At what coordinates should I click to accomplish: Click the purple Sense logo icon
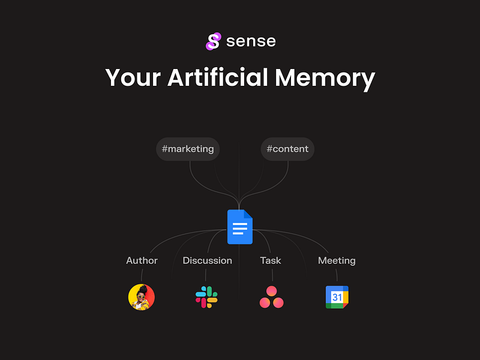[x=214, y=41]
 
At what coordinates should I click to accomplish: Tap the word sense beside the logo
[x=251, y=41]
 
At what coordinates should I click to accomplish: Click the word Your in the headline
[x=133, y=78]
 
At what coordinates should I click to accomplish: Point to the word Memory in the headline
[x=325, y=79]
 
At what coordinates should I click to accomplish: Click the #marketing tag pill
[x=188, y=149]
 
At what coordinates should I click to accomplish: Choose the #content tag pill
[x=287, y=149]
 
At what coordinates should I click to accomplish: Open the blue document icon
[x=240, y=227]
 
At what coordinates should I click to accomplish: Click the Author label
[x=142, y=260]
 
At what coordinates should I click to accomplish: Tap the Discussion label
[x=207, y=260]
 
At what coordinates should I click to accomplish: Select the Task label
[x=271, y=260]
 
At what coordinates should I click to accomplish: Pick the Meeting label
[x=337, y=261]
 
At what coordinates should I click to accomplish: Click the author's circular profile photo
[x=142, y=297]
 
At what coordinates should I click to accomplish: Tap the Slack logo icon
[x=206, y=297]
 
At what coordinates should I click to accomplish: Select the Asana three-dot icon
[x=272, y=297]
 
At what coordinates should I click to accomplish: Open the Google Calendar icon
[x=337, y=297]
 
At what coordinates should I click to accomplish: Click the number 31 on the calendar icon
[x=337, y=297]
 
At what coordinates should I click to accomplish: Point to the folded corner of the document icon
[x=248, y=214]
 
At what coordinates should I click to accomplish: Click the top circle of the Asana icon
[x=272, y=291]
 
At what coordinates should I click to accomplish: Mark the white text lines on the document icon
[x=240, y=229]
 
